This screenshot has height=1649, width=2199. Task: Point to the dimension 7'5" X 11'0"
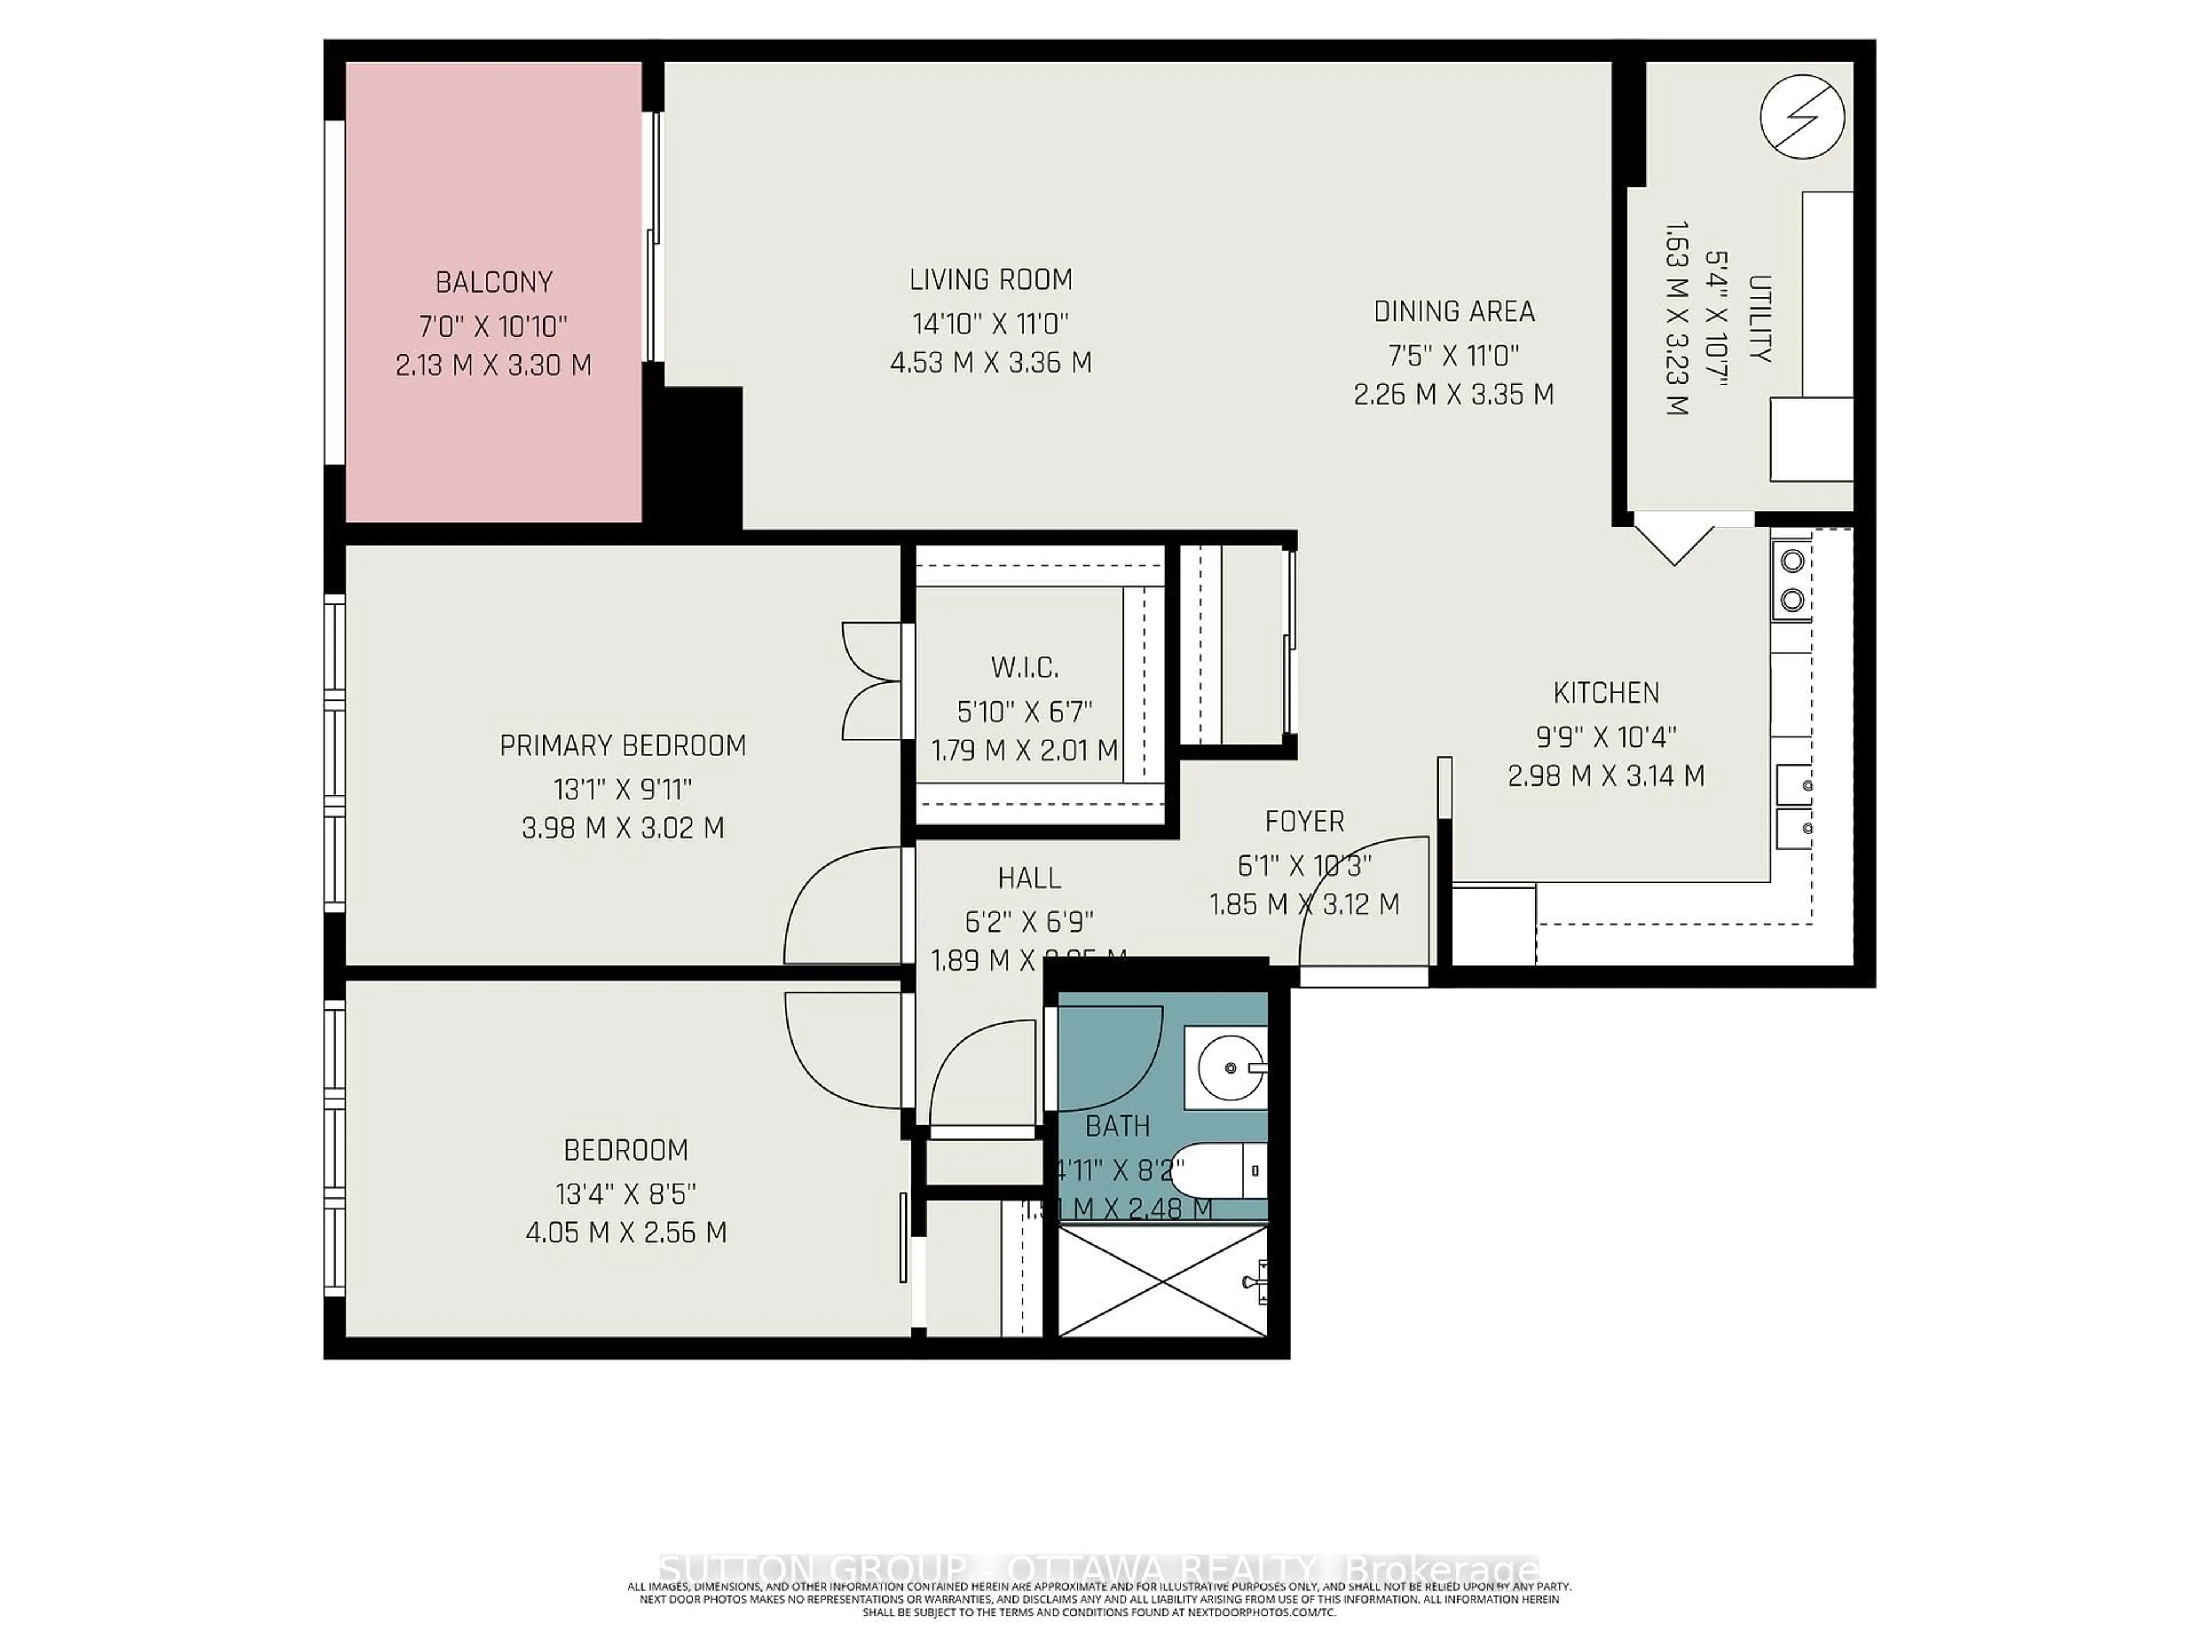pyautogui.click(x=1453, y=354)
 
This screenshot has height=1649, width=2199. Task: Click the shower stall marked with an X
pyautogui.click(x=1163, y=1281)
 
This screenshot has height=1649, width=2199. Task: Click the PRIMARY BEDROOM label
pyautogui.click(x=622, y=745)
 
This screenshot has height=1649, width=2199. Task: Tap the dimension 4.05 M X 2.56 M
pyautogui.click(x=625, y=1233)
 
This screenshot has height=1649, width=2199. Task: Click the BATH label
pyautogui.click(x=1117, y=1126)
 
